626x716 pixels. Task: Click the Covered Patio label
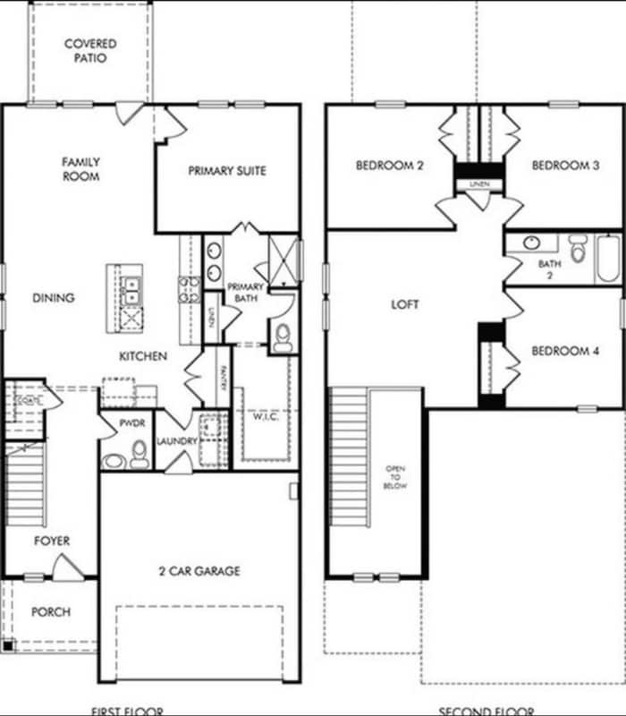tap(89, 51)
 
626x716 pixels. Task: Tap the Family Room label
tap(80, 169)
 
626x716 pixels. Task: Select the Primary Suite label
tap(227, 171)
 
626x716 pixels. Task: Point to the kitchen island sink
tap(131, 287)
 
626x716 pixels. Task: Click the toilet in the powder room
tap(139, 458)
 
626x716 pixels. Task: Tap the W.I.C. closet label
tap(266, 415)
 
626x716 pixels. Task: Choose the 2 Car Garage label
tap(199, 570)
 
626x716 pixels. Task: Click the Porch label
tap(51, 612)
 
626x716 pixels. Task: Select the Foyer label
tap(52, 541)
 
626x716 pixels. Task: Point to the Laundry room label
tap(176, 441)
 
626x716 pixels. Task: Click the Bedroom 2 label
tap(389, 166)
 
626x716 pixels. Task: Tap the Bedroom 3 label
tap(565, 166)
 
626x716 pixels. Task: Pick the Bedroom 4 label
tap(565, 352)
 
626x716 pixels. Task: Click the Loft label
tap(405, 305)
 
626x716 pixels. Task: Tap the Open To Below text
tap(395, 478)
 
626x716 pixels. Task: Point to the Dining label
tap(54, 298)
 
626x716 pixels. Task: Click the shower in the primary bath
tap(283, 260)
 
